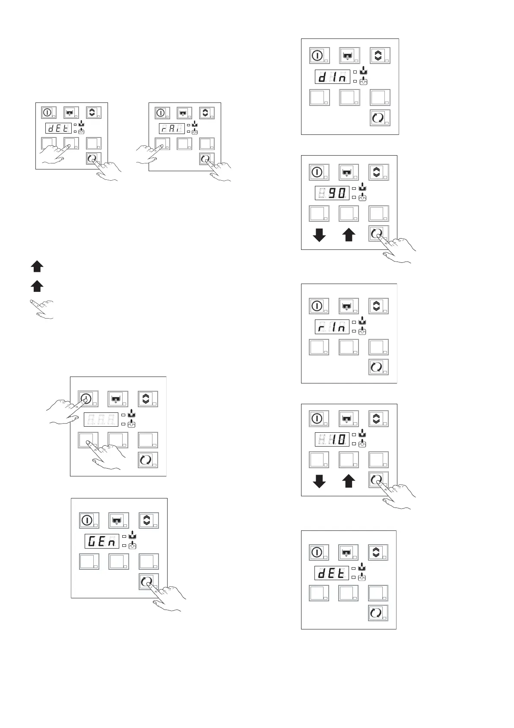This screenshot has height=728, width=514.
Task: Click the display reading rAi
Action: click(172, 128)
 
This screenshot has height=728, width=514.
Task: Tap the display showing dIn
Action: click(332, 77)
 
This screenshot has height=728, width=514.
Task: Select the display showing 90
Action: click(332, 193)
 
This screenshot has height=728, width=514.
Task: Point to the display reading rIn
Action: click(332, 327)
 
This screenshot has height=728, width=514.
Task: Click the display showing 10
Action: click(332, 440)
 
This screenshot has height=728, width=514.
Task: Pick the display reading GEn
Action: click(102, 541)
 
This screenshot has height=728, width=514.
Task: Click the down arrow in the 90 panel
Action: click(319, 235)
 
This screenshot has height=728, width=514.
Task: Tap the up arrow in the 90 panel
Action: click(349, 235)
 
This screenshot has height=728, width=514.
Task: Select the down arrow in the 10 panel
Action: click(319, 481)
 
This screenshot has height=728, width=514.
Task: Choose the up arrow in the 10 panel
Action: click(349, 481)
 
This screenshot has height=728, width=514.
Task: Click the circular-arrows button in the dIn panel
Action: click(378, 118)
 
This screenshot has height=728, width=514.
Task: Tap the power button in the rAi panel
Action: click(161, 113)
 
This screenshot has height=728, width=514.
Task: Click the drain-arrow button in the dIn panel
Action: click(348, 56)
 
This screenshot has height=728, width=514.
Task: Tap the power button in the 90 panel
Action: click(317, 172)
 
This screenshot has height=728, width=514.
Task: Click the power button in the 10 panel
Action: click(317, 418)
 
